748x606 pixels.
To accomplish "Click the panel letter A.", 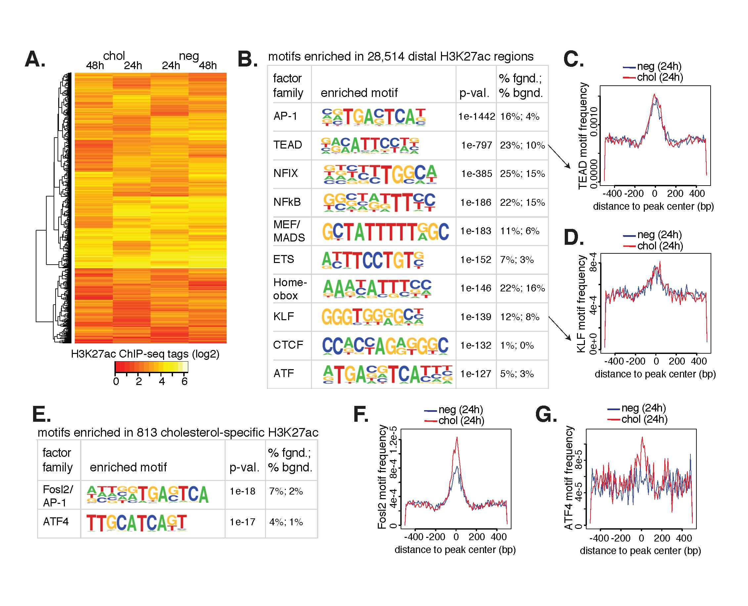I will tap(35, 59).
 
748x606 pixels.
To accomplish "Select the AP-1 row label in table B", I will tap(285, 116).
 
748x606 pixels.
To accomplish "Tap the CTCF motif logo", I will tap(385, 345).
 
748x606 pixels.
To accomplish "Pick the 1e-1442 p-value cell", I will tap(476, 116).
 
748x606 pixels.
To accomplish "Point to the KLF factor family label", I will tap(284, 317).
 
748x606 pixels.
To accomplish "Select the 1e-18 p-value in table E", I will tap(242, 492).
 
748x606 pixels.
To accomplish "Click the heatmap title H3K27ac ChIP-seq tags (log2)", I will tap(145, 354).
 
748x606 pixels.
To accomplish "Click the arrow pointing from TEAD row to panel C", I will tap(559, 157).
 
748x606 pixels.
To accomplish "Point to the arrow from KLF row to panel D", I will tap(559, 328).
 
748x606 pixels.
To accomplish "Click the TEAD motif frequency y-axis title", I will tap(583, 136).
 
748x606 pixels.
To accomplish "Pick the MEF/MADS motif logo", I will tap(385, 231).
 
